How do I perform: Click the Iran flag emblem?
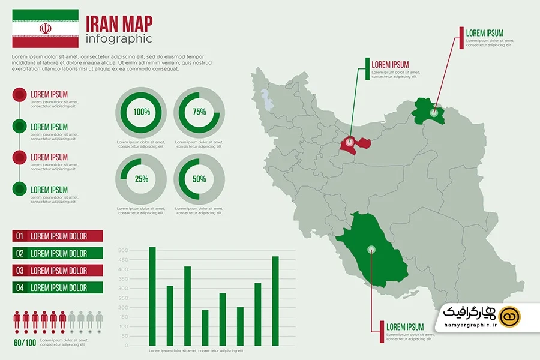pos(46,29)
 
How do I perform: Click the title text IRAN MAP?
pos(119,23)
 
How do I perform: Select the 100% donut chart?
pos(142,112)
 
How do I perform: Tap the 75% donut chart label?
pos(199,112)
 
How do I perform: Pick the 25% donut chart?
pos(142,179)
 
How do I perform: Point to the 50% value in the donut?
pos(199,179)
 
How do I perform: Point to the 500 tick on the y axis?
pos(123,250)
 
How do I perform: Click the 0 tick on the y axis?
pos(125,346)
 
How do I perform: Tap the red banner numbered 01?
pos(58,236)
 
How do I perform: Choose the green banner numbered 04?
pos(58,287)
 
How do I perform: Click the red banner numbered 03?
pos(58,271)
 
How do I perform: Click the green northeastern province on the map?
pos(428,112)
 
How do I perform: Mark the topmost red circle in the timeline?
pos(19,94)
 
